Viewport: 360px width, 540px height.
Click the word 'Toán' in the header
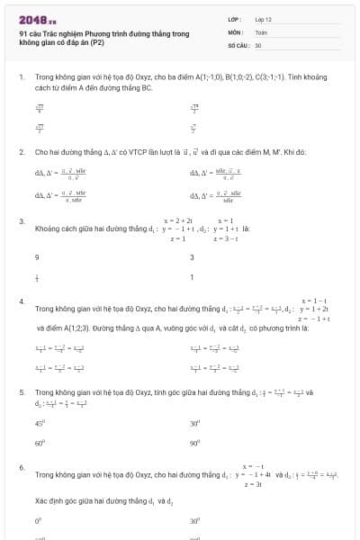(261, 31)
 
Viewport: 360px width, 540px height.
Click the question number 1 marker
(21, 78)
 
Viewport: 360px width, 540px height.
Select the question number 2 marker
(21, 152)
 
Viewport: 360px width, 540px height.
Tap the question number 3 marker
(21, 220)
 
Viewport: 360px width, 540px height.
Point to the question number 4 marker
(21, 301)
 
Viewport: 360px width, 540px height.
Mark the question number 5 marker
(21, 392)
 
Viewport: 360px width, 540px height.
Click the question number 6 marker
(21, 467)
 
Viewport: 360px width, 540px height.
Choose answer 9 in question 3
(37, 257)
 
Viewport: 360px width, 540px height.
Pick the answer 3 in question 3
(192, 257)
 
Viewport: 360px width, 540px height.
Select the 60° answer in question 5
(40, 443)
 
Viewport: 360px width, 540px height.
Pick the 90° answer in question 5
(194, 443)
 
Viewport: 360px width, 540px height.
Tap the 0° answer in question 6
(38, 520)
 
